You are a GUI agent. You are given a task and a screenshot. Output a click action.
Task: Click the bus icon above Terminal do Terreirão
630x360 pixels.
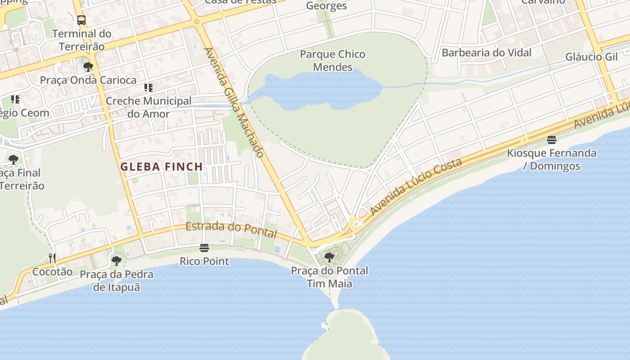pyautogui.click(x=81, y=20)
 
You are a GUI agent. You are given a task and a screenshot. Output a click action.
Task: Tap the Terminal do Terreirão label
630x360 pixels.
pyautogui.click(x=82, y=40)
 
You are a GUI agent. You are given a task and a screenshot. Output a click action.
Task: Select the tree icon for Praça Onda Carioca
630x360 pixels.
pyautogui.click(x=88, y=67)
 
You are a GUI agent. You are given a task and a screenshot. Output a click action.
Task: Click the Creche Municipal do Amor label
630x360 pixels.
pyautogui.click(x=148, y=108)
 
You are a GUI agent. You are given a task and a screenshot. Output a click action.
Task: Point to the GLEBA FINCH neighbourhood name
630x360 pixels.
pyautogui.click(x=162, y=167)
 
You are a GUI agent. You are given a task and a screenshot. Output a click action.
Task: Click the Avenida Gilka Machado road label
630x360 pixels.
pyautogui.click(x=234, y=102)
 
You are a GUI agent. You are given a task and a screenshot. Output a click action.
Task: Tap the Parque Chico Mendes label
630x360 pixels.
pyautogui.click(x=333, y=61)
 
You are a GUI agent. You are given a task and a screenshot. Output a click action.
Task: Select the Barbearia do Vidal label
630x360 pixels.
pyautogui.click(x=486, y=53)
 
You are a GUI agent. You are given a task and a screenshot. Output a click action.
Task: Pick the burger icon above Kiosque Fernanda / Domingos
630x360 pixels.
pyautogui.click(x=552, y=139)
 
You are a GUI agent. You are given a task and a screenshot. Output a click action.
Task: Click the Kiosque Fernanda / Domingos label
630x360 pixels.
pyautogui.click(x=552, y=159)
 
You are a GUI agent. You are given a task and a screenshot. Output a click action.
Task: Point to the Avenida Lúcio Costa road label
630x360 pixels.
pyautogui.click(x=416, y=186)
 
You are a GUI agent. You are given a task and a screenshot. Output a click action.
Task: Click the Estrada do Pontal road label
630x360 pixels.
pyautogui.click(x=231, y=229)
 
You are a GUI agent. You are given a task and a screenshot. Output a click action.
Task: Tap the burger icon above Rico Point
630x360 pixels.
pyautogui.click(x=204, y=248)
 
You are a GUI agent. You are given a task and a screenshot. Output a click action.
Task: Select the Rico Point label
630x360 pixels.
pyautogui.click(x=204, y=261)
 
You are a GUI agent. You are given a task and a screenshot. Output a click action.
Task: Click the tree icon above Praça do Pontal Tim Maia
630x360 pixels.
pyautogui.click(x=329, y=257)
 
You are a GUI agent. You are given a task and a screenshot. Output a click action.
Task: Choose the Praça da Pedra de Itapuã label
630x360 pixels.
pyautogui.click(x=117, y=280)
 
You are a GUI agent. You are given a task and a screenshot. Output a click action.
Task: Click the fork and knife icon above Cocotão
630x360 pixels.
pyautogui.click(x=52, y=258)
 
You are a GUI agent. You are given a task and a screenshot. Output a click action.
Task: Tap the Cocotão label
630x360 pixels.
pyautogui.click(x=52, y=272)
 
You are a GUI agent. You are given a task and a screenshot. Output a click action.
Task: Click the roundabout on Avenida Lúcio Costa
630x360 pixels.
pyautogui.click(x=356, y=223)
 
